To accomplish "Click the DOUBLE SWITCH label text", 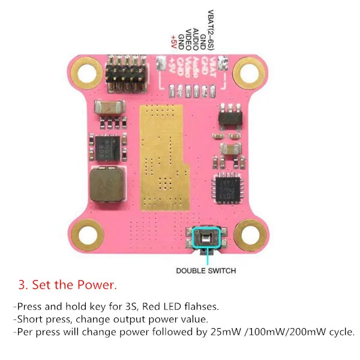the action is [206, 271].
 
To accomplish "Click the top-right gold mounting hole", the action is [247, 73].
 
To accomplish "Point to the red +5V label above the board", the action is [174, 42].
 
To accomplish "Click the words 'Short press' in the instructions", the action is [38, 319].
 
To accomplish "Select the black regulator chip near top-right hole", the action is [229, 117].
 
